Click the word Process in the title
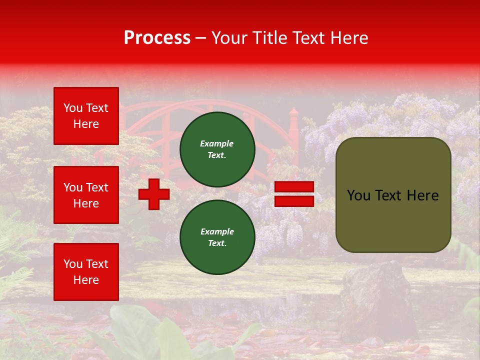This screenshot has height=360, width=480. [157, 38]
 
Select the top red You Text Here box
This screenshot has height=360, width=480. [86, 116]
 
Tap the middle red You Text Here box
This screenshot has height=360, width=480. [86, 195]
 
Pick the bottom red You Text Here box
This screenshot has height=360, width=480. [86, 271]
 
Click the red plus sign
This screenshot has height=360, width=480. [154, 194]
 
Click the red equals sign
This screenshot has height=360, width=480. [294, 194]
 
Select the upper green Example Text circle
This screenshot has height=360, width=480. [217, 149]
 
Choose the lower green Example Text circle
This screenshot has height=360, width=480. [217, 237]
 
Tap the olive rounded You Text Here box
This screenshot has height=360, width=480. [393, 195]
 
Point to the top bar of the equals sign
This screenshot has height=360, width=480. [294, 187]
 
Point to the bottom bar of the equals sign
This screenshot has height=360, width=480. [294, 201]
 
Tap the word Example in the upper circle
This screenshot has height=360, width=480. [217, 143]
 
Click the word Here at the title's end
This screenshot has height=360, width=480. [349, 38]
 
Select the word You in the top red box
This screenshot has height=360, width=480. [72, 108]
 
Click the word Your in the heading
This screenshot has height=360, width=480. [230, 38]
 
